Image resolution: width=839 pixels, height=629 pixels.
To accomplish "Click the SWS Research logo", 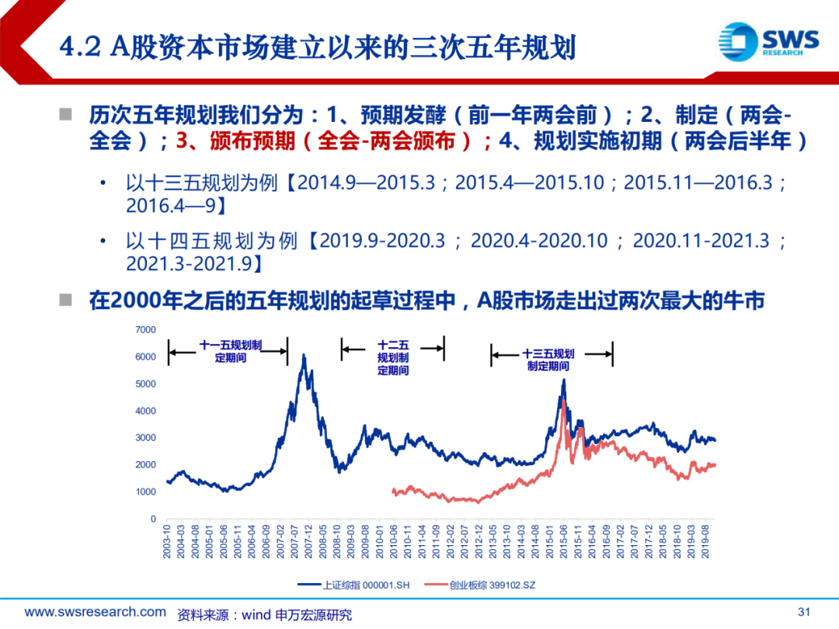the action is [x=768, y=41].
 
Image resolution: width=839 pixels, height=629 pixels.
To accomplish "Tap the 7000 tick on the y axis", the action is [x=145, y=330].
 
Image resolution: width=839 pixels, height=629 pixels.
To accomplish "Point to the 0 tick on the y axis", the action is [x=153, y=519].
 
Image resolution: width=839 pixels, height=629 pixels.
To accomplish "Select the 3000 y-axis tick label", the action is [x=145, y=438].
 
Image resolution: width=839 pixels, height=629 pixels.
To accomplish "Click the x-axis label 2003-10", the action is [x=167, y=541].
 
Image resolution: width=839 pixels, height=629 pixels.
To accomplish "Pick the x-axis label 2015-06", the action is [x=563, y=541].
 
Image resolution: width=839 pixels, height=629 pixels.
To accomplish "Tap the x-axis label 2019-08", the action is [x=705, y=541].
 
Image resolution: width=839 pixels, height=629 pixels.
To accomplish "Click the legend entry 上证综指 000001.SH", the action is [x=353, y=586].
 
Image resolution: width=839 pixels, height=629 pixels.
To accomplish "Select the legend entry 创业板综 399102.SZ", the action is [x=480, y=586].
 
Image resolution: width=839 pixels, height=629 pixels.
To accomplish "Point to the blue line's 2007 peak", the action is [x=304, y=355].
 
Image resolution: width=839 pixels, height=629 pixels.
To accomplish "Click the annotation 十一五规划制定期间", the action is [x=231, y=352].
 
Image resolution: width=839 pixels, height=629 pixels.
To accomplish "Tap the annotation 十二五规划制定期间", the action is [x=393, y=358].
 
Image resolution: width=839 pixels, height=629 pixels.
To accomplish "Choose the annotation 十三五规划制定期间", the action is [x=548, y=360].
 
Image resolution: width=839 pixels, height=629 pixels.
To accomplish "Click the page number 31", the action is [x=804, y=612].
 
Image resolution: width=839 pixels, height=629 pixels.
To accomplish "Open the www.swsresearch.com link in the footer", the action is [x=96, y=612].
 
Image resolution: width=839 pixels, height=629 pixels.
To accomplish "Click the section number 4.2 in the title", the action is [x=80, y=47].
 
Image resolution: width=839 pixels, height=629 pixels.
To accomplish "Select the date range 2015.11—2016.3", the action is [x=698, y=183].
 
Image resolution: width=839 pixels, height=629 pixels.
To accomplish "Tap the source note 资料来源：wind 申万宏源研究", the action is [x=264, y=615].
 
